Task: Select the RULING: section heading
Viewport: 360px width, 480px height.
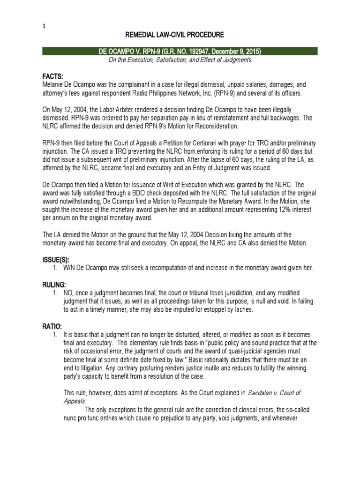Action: (x=56, y=285)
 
